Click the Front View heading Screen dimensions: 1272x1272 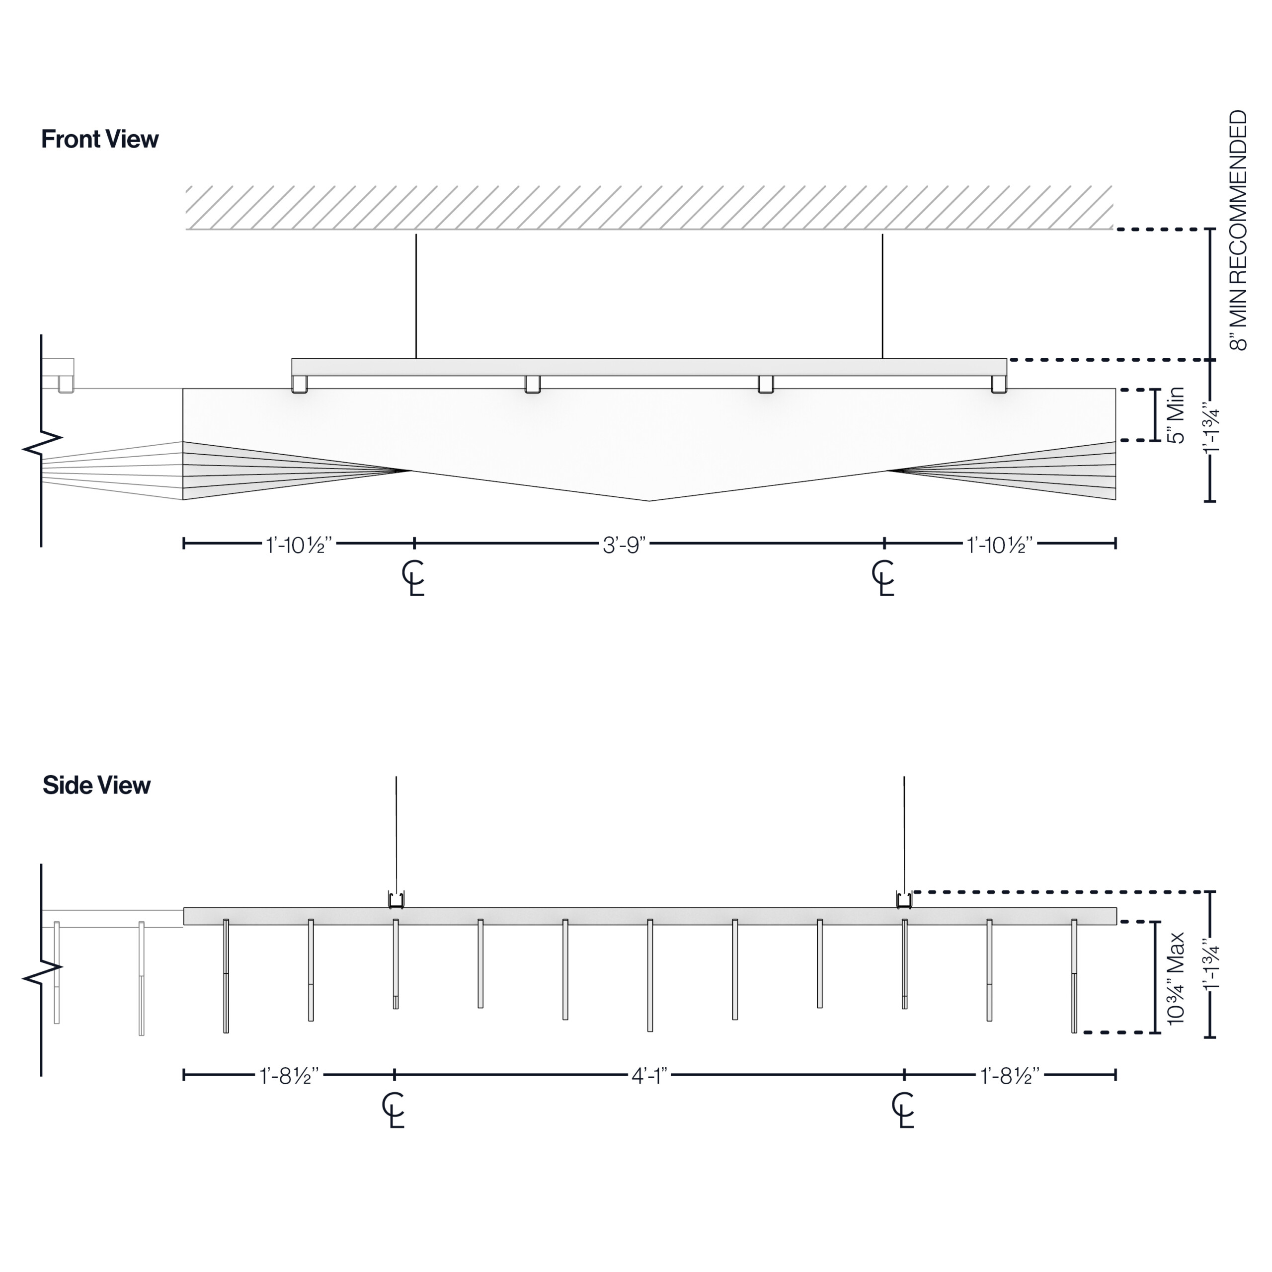click(x=99, y=139)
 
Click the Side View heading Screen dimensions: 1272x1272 click(x=96, y=785)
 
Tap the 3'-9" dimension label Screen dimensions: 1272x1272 click(x=624, y=545)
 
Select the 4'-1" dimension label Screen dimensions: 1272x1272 click(x=649, y=1076)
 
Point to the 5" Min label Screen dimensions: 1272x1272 click(x=1175, y=415)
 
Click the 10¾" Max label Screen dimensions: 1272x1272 click(x=1175, y=978)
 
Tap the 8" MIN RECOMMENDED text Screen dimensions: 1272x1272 click(x=1238, y=231)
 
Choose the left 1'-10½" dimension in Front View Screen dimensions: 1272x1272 click(x=299, y=545)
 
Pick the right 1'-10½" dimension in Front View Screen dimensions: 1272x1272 click(x=999, y=545)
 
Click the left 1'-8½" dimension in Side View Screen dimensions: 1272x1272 click(x=289, y=1076)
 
